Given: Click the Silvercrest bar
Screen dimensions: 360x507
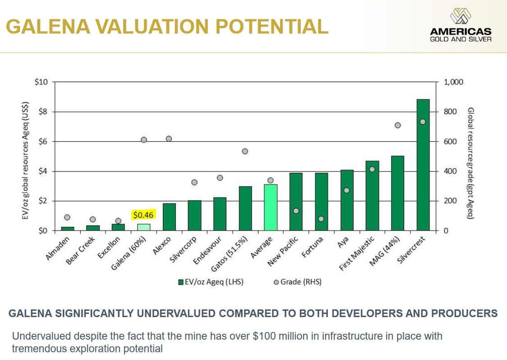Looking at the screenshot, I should (423, 165).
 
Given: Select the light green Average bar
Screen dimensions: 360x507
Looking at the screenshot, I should (271, 208).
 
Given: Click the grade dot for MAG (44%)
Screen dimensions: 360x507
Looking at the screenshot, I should (398, 125).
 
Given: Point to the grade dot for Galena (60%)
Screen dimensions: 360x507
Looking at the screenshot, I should (144, 140).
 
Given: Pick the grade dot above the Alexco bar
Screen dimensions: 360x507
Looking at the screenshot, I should (169, 138).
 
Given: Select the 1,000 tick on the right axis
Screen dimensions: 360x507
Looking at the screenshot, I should (453, 82).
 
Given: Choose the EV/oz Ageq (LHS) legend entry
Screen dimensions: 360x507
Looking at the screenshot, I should (211, 282).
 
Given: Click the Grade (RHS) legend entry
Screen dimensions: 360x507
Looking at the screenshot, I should (298, 282).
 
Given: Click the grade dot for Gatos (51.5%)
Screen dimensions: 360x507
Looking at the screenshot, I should (245, 151).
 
